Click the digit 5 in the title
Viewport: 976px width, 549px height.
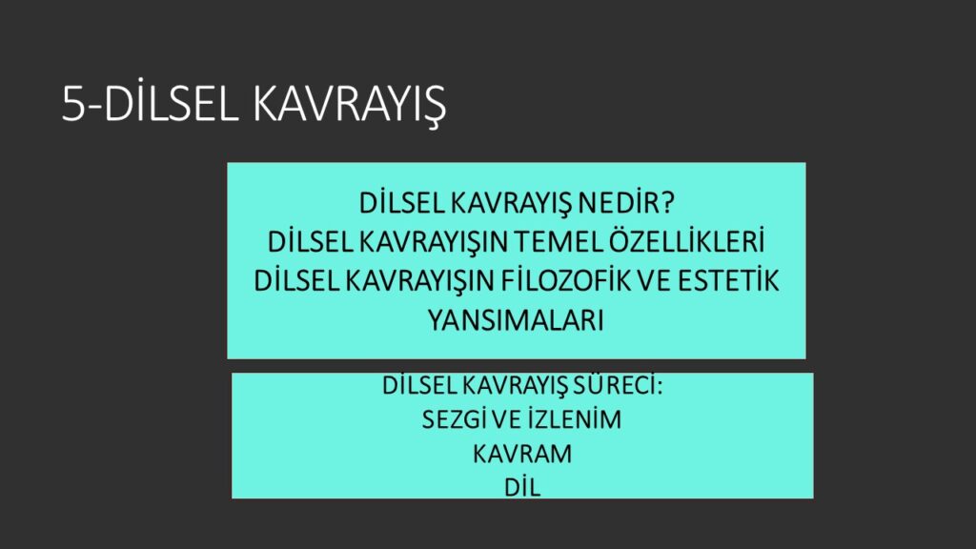pos(72,103)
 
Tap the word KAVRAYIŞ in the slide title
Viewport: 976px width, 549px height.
pos(349,103)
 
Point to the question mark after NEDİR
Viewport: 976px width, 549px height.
pos(666,203)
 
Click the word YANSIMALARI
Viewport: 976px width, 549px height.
pos(516,320)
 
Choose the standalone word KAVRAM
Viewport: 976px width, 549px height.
pos(522,454)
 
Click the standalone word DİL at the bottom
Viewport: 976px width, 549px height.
pos(522,487)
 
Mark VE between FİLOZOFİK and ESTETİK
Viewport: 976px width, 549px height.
pos(655,281)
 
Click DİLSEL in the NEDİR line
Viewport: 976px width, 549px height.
pos(401,203)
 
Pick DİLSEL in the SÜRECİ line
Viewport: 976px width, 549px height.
pos(420,385)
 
